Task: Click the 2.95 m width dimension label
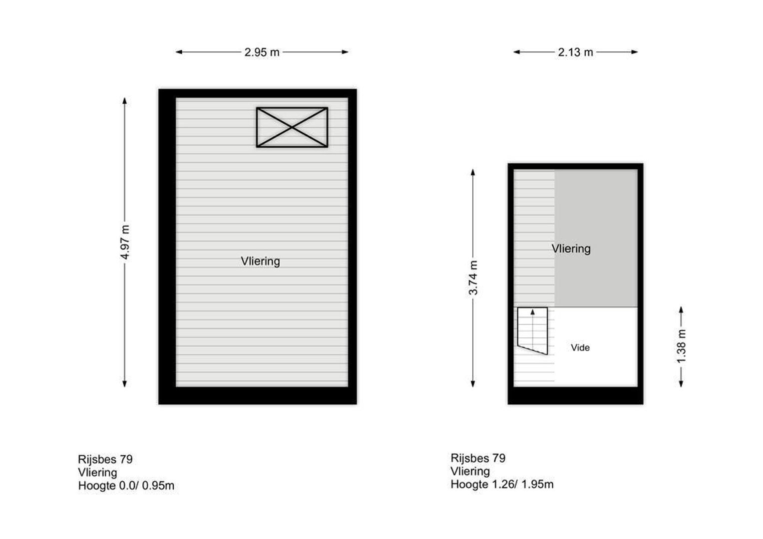pos(262,52)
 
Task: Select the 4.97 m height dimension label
pos(125,242)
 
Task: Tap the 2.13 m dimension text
pos(575,52)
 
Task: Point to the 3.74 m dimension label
pos(473,277)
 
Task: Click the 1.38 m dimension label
pos(681,346)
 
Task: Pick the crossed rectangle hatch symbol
pos(292,127)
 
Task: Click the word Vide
pos(580,348)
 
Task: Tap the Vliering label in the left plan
pos(260,261)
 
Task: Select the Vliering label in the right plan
pos(571,249)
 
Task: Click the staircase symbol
pos(533,331)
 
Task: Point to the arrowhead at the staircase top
pos(533,312)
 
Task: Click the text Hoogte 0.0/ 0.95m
pos(126,486)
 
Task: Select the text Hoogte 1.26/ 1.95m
pos(502,484)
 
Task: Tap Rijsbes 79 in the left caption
pos(105,459)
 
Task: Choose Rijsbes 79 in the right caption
pos(478,458)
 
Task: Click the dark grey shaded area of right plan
pos(596,239)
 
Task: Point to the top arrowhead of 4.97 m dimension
pos(125,101)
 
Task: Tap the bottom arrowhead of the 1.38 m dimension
pos(681,384)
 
